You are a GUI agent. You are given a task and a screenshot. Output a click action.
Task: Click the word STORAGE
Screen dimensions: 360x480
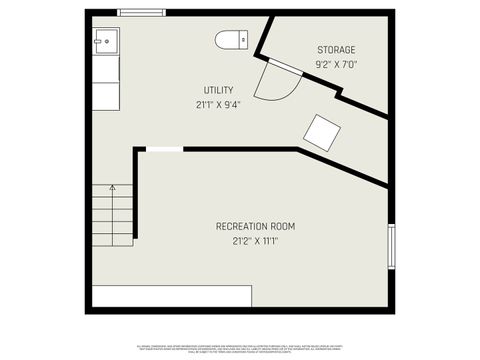point(336,50)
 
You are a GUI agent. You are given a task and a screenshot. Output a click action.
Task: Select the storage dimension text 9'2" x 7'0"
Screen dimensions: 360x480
point(336,64)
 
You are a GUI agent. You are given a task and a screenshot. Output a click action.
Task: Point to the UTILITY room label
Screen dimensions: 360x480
point(218,90)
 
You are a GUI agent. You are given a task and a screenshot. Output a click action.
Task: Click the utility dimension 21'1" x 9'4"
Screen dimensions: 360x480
point(218,104)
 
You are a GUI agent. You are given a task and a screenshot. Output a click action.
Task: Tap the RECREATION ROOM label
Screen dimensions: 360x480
point(255,226)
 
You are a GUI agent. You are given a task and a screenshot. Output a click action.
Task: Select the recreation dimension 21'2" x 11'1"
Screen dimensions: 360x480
point(255,240)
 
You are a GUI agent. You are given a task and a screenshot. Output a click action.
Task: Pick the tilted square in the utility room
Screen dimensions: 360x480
point(322,131)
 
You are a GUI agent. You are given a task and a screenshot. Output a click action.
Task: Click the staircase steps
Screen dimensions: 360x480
point(113,215)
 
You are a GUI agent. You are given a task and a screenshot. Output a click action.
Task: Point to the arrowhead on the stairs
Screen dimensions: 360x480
point(113,187)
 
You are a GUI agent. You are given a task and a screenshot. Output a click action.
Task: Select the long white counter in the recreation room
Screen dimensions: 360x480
point(171,296)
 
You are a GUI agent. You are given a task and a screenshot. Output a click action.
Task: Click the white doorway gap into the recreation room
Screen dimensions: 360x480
point(164,150)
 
